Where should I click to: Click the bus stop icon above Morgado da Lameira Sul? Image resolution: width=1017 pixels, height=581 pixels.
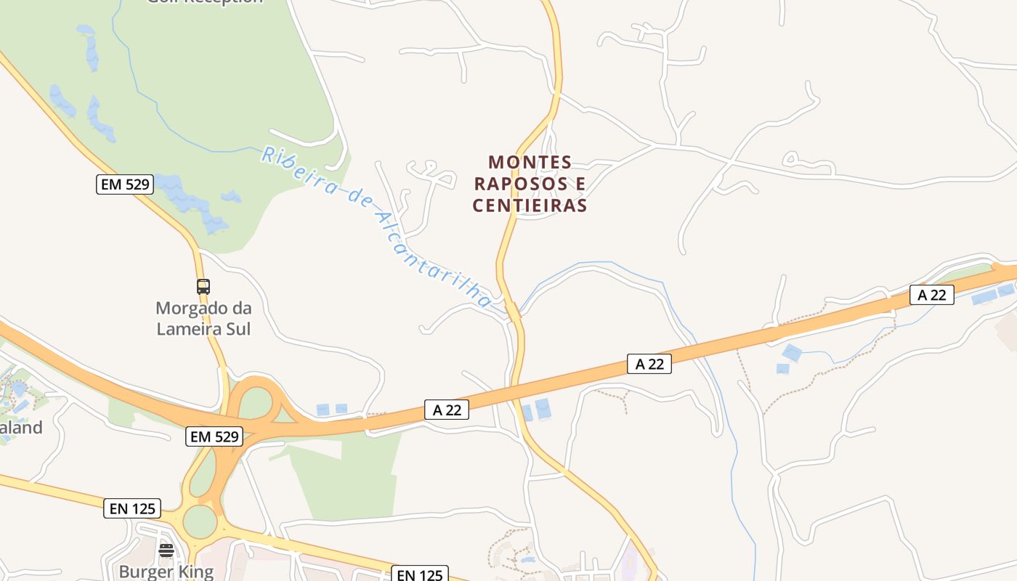pos(203,286)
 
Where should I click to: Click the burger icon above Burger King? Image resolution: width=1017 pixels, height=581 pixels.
pos(166,550)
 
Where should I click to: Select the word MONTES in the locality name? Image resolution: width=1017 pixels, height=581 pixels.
pos(530,162)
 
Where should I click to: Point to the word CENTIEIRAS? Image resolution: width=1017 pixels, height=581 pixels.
pos(530,206)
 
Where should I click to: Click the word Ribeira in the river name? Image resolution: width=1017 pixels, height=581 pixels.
pos(298,171)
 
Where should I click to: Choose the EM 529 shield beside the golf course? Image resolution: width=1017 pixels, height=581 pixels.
pos(125,184)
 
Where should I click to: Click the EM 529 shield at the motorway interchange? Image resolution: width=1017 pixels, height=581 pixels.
pos(214,436)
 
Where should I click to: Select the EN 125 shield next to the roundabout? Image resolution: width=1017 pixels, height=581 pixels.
pos(132,508)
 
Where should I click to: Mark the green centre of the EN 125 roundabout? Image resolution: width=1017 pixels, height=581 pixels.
pos(200,521)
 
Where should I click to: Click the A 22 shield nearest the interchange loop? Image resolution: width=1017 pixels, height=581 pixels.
pos(447,410)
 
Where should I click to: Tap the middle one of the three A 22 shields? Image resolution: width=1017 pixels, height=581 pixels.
pos(649,364)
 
